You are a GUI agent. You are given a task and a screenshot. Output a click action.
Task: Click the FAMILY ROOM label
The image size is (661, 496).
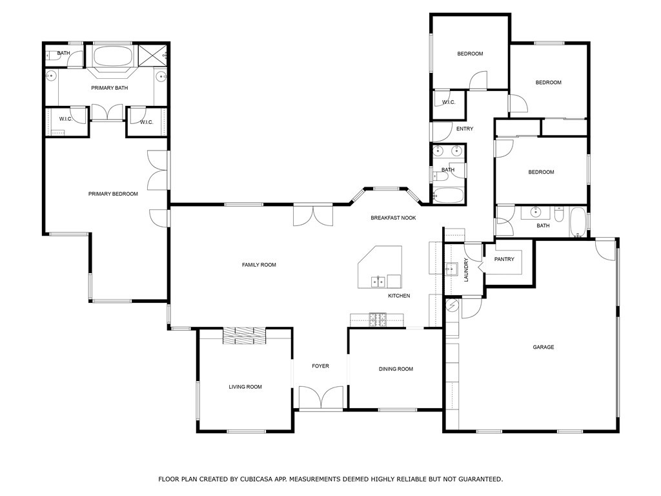[259, 265]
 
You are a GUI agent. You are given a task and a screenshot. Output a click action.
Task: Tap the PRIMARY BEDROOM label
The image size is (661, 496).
[113, 194]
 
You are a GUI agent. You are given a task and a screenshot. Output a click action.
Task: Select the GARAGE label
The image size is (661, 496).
[544, 347]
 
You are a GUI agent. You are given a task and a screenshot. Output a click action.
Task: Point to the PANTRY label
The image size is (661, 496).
[504, 259]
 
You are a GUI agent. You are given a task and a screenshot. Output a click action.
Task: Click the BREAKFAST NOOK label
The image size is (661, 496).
[393, 218]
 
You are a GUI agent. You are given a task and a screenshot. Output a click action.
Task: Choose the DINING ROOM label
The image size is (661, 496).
[396, 369]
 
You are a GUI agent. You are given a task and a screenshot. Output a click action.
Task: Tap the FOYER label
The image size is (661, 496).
[320, 366]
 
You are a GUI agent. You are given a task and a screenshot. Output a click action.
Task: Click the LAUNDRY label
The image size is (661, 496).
[466, 270]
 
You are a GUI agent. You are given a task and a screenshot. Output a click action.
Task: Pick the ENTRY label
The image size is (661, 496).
[465, 129]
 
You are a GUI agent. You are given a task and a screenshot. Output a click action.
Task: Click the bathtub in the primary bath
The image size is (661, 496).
[112, 56]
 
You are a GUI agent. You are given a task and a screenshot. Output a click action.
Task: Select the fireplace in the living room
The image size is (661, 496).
[245, 336]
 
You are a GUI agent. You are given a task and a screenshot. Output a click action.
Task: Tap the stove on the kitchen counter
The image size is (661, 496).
[378, 320]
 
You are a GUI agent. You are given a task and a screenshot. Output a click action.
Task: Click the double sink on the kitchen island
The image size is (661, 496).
[378, 282]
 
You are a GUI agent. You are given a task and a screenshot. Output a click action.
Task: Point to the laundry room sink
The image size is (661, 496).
[451, 269]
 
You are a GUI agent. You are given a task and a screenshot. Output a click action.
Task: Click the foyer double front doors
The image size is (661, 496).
[321, 397]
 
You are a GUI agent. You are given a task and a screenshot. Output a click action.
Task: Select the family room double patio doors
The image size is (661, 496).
[313, 215]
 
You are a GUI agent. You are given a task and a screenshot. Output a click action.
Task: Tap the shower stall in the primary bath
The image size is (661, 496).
[153, 56]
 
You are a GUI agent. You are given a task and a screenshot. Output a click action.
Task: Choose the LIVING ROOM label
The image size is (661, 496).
[245, 387]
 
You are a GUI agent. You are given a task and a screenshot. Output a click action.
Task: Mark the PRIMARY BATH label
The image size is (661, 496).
[110, 88]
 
